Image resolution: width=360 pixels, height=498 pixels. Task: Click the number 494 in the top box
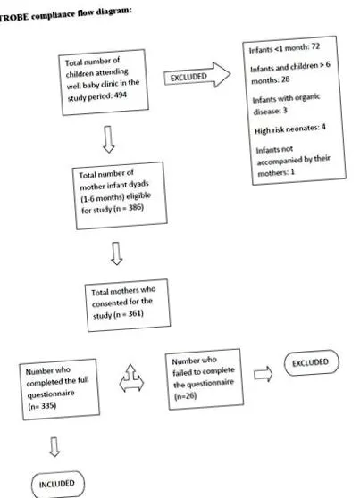(x=121, y=95)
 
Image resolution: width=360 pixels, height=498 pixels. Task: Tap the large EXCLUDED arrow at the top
(x=197, y=75)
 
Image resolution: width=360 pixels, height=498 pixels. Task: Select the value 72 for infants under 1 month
(x=315, y=46)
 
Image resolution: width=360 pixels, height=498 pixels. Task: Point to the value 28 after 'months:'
(x=285, y=79)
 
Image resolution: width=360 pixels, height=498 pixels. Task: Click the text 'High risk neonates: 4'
(x=290, y=129)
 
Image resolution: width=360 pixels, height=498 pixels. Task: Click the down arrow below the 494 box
(x=108, y=139)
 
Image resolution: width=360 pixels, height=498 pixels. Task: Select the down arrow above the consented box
(x=116, y=253)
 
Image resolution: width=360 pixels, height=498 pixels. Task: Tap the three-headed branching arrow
(x=131, y=378)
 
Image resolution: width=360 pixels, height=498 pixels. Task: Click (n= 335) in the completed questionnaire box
(x=42, y=406)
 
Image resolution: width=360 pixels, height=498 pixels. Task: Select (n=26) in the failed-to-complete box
(x=186, y=396)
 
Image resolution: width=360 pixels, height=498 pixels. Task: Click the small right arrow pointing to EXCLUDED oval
(x=263, y=374)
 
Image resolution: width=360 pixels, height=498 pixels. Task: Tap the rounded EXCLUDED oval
(x=312, y=362)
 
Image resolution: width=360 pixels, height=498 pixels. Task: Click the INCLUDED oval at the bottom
(x=57, y=484)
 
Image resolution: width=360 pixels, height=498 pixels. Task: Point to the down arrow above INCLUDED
(x=54, y=447)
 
